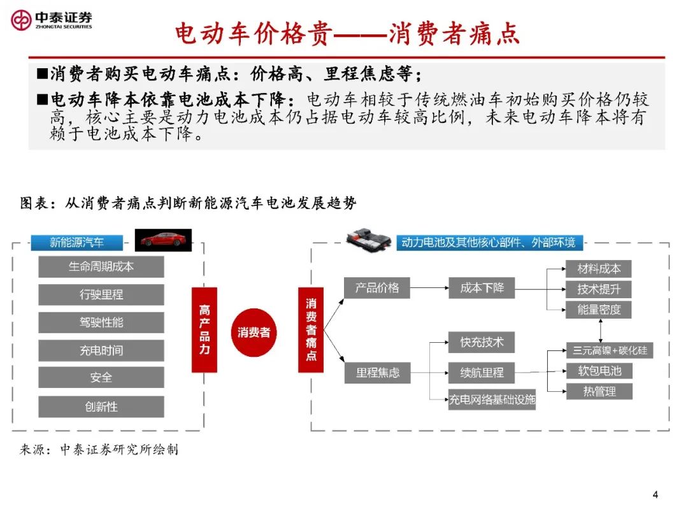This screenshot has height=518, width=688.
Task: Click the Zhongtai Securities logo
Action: click(x=52, y=20)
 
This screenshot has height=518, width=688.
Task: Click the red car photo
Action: click(x=163, y=240)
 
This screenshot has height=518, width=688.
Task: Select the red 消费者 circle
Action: click(x=254, y=333)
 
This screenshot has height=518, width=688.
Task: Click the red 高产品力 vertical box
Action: click(x=204, y=329)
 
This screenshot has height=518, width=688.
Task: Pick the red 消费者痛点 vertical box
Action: click(x=311, y=329)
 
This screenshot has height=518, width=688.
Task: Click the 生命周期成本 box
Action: click(x=101, y=267)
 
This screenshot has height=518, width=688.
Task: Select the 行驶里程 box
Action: click(x=101, y=294)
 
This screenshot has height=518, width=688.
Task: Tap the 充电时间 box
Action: click(x=101, y=350)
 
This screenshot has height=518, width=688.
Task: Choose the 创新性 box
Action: click(x=101, y=406)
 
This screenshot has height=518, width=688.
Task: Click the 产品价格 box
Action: click(x=377, y=288)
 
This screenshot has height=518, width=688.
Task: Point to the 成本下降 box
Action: click(x=482, y=288)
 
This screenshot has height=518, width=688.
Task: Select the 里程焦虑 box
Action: click(x=377, y=373)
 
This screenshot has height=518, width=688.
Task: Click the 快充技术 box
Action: click(x=482, y=342)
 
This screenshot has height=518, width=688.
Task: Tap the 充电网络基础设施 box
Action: click(x=492, y=399)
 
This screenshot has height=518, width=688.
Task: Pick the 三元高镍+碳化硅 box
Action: click(x=610, y=350)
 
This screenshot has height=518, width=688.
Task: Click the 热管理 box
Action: click(x=599, y=391)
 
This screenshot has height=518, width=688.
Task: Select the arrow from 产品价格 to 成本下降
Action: click(x=429, y=288)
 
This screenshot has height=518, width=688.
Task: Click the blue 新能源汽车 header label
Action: click(x=77, y=242)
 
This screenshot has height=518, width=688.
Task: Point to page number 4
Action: click(x=656, y=494)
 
